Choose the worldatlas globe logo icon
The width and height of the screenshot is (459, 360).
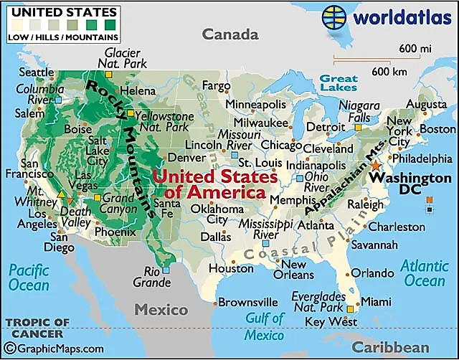pyautogui.click(x=336, y=16)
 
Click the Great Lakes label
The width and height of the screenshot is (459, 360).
pyautogui.click(x=339, y=82)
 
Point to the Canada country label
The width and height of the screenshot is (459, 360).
pyautogui.click(x=229, y=34)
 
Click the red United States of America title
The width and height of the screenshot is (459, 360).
pyautogui.click(x=216, y=184)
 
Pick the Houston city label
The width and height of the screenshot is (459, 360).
pyautogui.click(x=232, y=268)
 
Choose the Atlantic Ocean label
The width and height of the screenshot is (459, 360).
pyautogui.click(x=424, y=273)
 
